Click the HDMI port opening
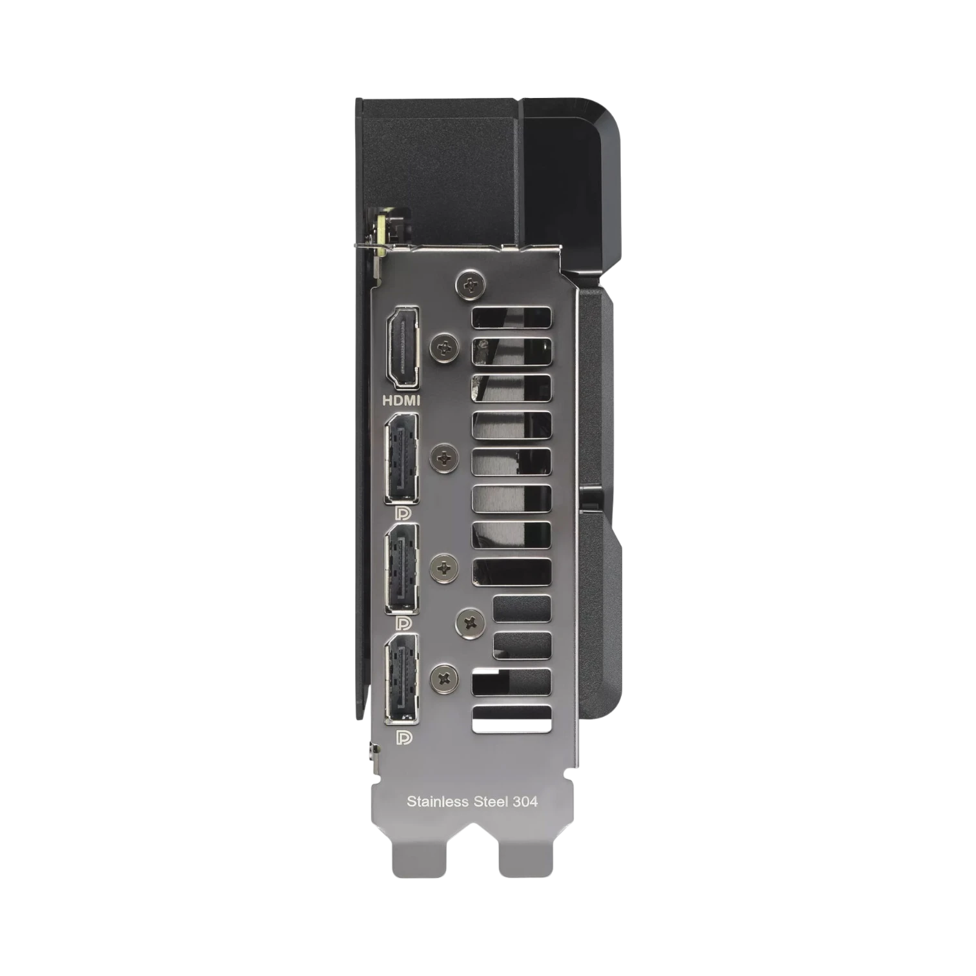402,347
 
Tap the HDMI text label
401,401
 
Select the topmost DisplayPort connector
402,459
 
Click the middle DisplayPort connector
402,568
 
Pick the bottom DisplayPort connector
402,678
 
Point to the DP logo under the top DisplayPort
402,514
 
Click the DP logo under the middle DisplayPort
402,624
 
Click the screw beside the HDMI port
443,348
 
